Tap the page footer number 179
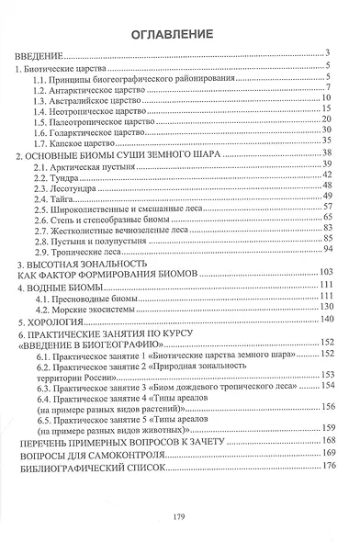181,518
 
